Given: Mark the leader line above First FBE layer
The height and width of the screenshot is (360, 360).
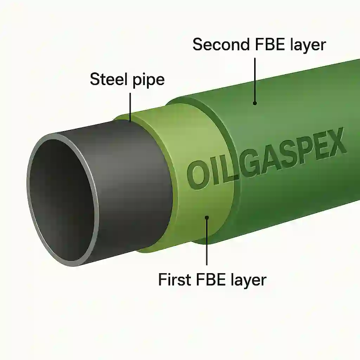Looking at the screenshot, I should point(207,243).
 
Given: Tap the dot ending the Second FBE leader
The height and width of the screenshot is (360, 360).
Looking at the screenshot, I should point(255,103).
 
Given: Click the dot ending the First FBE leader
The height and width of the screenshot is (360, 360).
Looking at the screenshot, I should point(207,218).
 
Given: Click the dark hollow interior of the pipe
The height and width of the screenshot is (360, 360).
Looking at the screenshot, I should point(62,200).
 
